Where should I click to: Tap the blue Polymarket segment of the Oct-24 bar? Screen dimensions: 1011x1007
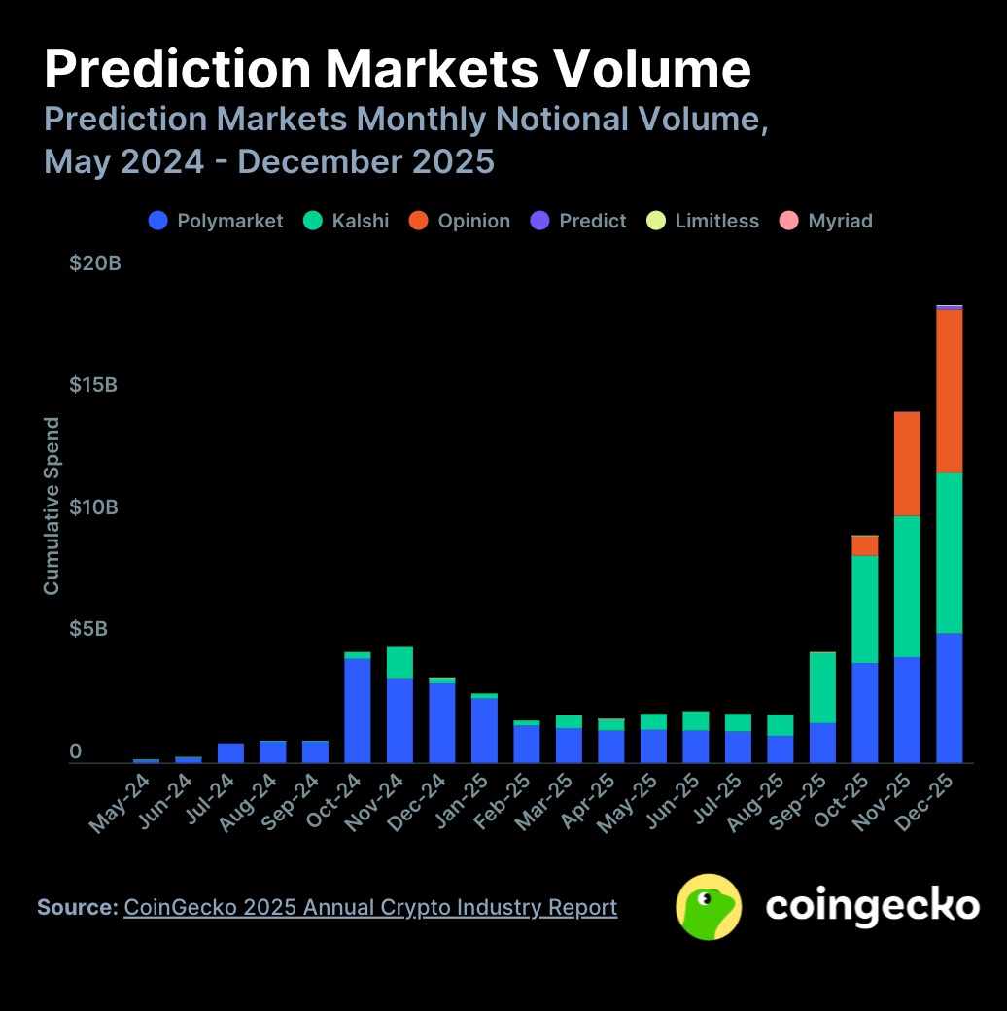tap(358, 710)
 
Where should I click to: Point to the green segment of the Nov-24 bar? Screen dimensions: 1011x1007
tap(399, 662)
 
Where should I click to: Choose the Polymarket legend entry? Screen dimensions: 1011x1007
tap(216, 221)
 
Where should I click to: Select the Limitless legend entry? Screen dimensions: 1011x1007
tap(703, 221)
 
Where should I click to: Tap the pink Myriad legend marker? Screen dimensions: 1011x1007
tap(789, 221)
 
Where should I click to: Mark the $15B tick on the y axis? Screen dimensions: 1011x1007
tap(93, 385)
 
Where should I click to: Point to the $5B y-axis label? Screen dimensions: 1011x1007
tap(88, 629)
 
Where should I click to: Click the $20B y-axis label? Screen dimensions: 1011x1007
tap(94, 262)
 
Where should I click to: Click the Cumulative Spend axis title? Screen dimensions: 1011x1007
tap(52, 505)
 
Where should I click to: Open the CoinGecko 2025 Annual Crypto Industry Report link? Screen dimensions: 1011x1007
tap(370, 907)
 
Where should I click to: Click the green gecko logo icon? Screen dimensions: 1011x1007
tap(709, 907)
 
